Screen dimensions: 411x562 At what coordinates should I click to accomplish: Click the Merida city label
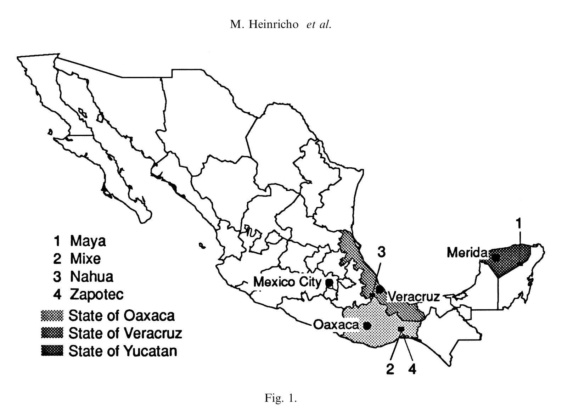[467, 253]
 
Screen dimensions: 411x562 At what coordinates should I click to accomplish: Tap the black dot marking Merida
[495, 258]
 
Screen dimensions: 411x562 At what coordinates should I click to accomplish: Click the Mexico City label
[287, 282]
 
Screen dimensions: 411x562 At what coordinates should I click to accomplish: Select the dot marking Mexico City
[329, 283]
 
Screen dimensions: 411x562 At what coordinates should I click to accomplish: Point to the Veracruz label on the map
[414, 297]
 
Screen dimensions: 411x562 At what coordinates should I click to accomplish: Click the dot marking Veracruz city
[380, 289]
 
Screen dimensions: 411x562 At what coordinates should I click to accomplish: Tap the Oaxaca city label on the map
[336, 325]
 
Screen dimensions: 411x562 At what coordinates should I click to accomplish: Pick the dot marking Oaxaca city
[367, 325]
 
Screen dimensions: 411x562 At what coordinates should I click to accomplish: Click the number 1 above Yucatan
[519, 224]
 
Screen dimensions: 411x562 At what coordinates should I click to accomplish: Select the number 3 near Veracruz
[381, 252]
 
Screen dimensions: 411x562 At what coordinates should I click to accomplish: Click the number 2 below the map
[390, 369]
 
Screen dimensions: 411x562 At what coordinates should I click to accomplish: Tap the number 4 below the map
[412, 369]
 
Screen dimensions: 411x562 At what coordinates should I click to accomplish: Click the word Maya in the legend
[88, 241]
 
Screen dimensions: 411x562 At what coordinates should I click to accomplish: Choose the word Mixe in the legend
[85, 259]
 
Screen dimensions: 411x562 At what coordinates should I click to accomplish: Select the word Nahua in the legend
[92, 277]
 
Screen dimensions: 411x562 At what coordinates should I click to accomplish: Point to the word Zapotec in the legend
[97, 294]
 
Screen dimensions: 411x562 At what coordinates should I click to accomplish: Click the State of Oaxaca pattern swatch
[52, 315]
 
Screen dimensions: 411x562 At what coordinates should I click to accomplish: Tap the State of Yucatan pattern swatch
[52, 351]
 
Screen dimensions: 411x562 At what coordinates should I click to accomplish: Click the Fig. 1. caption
[281, 398]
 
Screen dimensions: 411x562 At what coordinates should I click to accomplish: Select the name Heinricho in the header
[274, 24]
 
